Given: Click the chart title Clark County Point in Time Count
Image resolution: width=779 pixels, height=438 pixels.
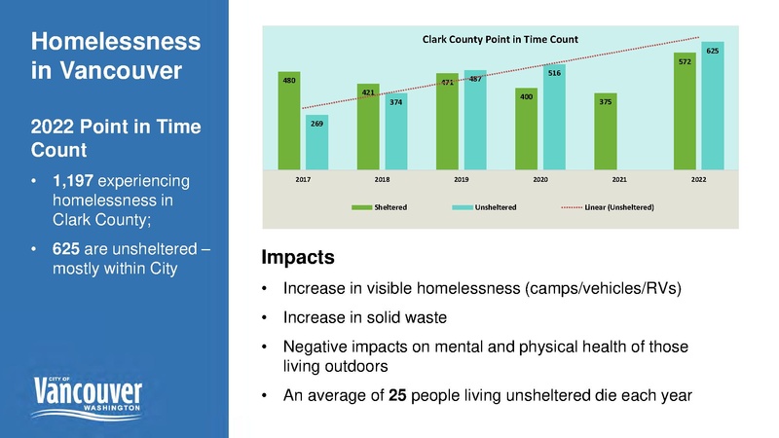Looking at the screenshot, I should click(500, 39).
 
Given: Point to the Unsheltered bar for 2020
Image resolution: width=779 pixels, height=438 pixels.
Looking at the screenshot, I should click(554, 116).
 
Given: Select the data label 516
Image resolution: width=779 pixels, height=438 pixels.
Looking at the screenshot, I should click(554, 73).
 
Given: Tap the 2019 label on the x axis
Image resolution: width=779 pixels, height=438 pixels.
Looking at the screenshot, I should click(462, 181).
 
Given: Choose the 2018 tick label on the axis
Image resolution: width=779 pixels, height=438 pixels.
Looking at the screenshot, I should click(383, 181).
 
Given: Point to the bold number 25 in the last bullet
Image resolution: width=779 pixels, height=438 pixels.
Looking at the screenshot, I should click(398, 396).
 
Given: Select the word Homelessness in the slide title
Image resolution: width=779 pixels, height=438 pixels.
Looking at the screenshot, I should click(116, 42).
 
